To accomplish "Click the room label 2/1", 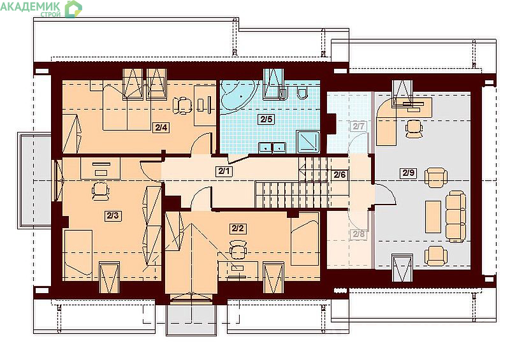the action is (224, 170).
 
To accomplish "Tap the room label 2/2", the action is (238, 228).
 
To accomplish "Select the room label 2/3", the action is (113, 215).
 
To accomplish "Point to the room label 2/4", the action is (161, 127).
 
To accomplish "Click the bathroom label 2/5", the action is (266, 119).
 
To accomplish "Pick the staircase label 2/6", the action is (340, 175).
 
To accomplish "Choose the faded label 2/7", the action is (358, 126).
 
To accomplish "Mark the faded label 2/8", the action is (359, 234).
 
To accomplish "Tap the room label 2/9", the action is (409, 173).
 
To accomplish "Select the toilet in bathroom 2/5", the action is (302, 92).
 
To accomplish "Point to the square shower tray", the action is (308, 141).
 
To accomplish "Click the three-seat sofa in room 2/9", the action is (455, 216).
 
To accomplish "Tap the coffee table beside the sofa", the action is (433, 217).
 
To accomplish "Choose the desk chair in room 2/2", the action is (238, 249).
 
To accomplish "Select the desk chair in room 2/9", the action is (414, 129).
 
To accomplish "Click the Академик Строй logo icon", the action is (73, 9).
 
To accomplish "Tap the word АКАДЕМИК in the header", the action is (30, 6).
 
